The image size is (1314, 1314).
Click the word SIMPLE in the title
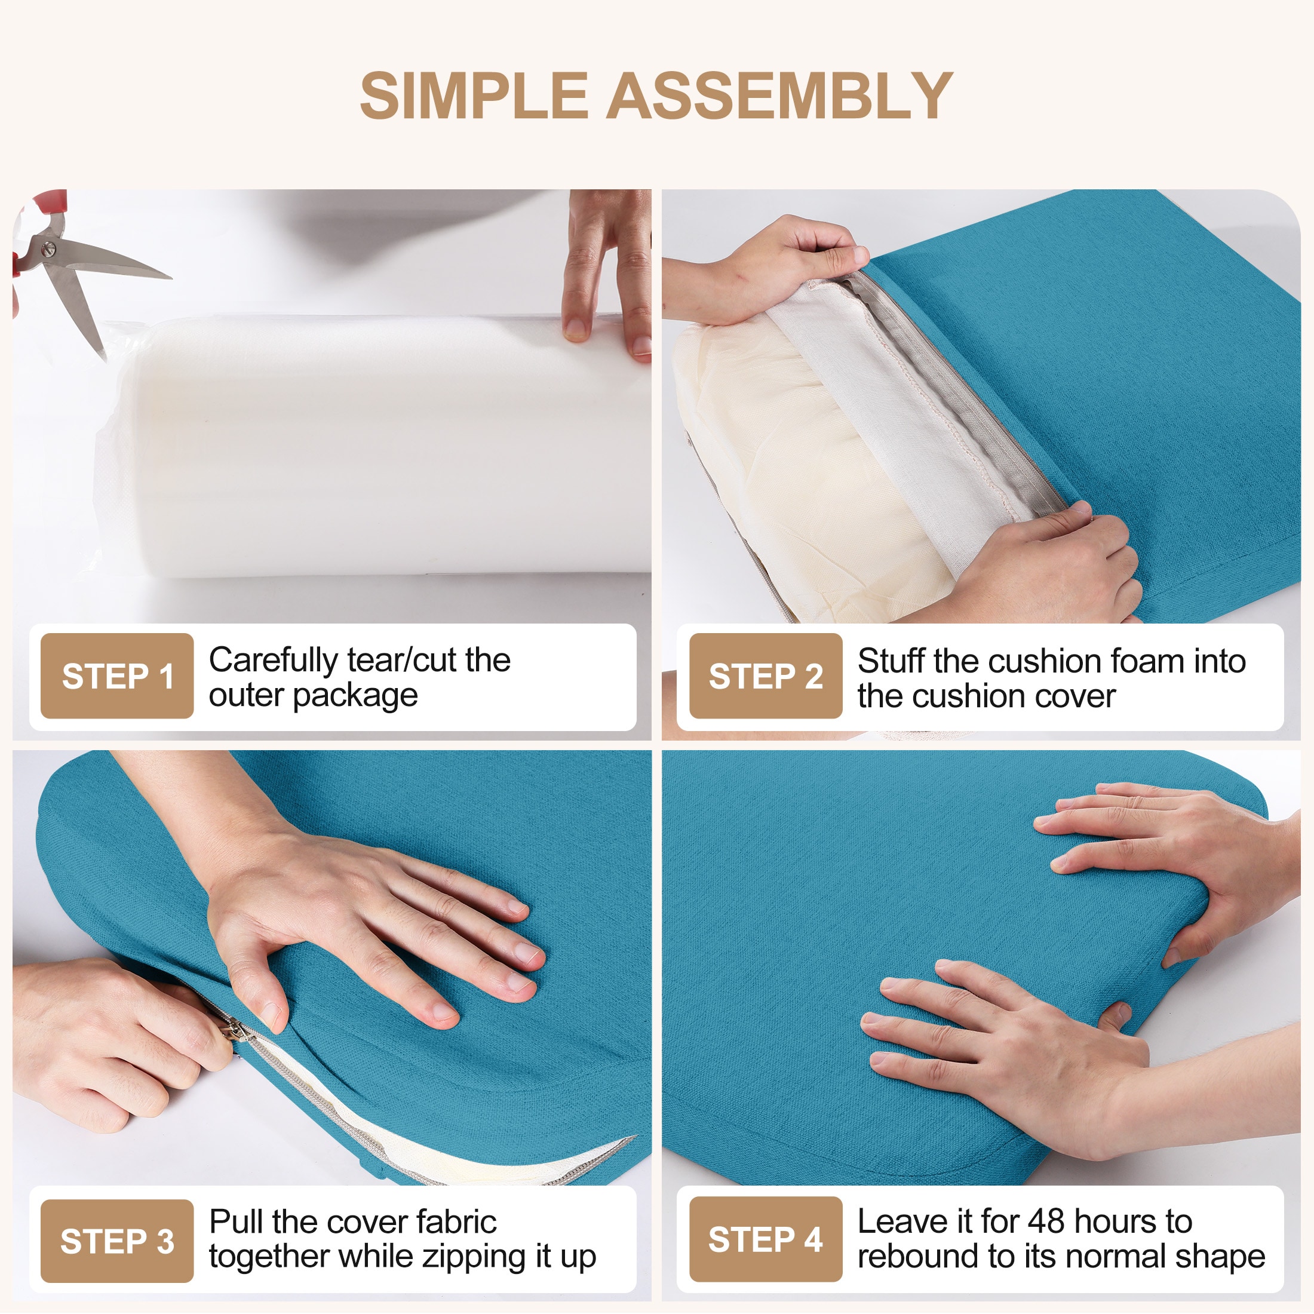(474, 96)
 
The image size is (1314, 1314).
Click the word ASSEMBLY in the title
(779, 96)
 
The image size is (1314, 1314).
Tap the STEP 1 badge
(117, 676)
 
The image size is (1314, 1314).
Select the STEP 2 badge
(766, 676)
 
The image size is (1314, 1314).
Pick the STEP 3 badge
(117, 1241)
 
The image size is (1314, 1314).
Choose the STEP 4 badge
(766, 1240)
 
